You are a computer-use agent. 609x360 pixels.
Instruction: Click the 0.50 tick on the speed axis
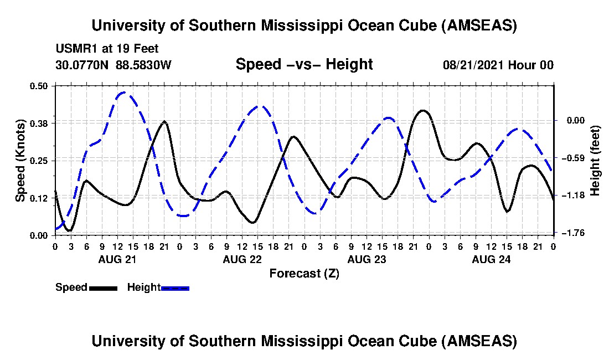[x=40, y=86]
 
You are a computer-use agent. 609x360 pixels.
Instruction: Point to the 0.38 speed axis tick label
[x=40, y=123]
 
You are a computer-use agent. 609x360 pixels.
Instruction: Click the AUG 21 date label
[x=117, y=259]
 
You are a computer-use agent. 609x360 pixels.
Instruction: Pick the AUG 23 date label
[x=366, y=259]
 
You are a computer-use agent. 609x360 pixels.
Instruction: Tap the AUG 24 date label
[x=491, y=259]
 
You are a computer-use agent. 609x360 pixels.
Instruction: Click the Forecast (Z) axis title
[x=304, y=273]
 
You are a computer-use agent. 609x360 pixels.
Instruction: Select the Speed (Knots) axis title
[x=20, y=160]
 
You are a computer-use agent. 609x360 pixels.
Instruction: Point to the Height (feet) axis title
[x=596, y=161]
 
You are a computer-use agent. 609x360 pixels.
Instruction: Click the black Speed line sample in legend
[x=103, y=288]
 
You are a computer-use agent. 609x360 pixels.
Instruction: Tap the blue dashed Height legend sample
[x=175, y=288]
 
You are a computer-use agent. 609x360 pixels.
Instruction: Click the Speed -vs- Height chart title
[x=304, y=64]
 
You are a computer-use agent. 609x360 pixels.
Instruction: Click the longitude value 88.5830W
[x=143, y=65]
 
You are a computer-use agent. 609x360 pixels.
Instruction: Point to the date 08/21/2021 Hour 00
[x=498, y=65]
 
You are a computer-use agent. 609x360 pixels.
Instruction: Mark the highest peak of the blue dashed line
[x=123, y=92]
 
